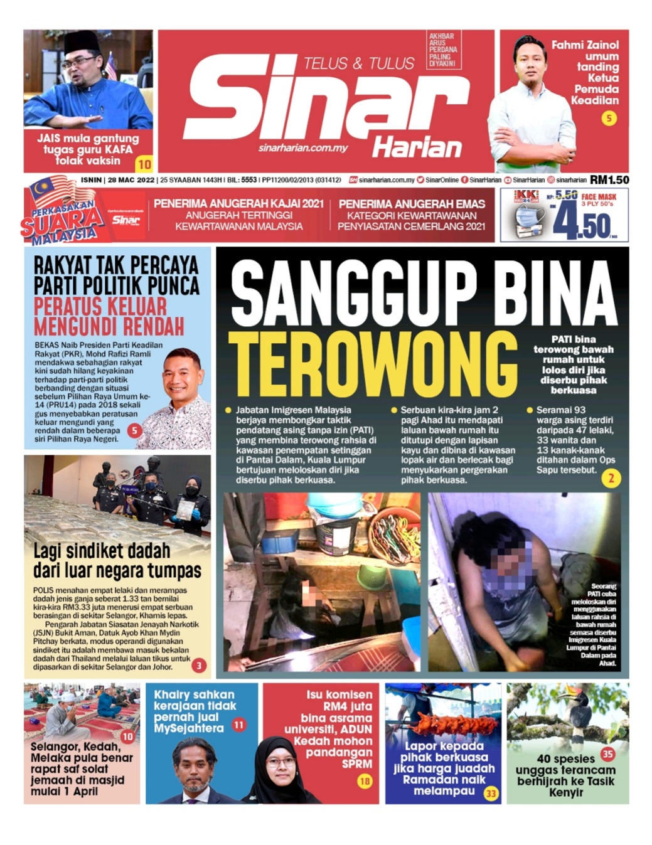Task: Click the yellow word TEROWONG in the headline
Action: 373,366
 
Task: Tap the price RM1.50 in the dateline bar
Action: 609,179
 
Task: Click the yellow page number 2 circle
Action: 611,479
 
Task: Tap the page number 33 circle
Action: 491,794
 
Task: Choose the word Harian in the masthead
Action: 417,148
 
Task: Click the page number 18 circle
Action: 365,781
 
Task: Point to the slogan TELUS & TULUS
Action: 358,63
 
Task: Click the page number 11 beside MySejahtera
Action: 238,725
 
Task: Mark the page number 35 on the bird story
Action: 607,753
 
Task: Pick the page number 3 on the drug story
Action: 198,665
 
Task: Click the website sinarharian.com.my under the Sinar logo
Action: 303,148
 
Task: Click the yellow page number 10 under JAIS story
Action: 144,164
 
